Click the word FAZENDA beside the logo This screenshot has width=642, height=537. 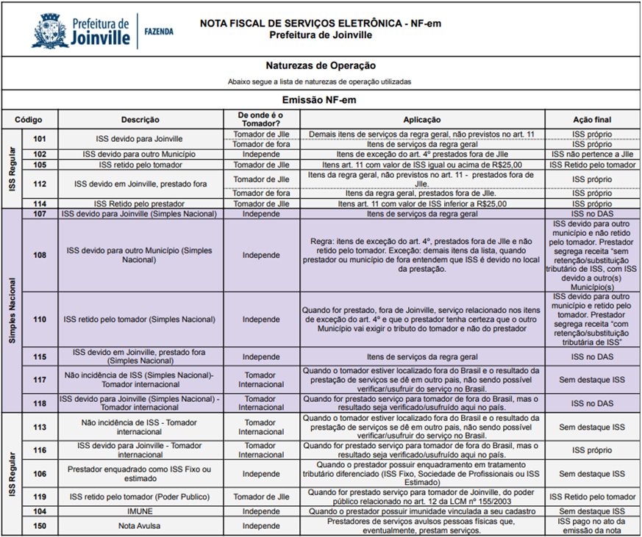[x=159, y=32]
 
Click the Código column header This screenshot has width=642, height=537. [x=29, y=119]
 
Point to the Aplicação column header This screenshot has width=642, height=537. [x=422, y=119]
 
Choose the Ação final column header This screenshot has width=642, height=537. [x=592, y=119]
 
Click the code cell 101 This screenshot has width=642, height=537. [x=40, y=138]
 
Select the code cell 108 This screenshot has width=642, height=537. [x=40, y=255]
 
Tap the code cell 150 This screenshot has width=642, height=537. [x=40, y=526]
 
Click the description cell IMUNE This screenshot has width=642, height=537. [x=139, y=511]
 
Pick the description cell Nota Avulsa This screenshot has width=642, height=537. [x=139, y=526]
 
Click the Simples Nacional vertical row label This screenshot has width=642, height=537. [x=12, y=309]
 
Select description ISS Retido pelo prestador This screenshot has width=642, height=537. [x=139, y=203]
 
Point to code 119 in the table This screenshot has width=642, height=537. [x=40, y=497]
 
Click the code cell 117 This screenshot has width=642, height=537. [x=40, y=379]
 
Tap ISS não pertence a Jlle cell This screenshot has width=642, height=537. [x=592, y=154]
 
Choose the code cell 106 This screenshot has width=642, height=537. [x=40, y=474]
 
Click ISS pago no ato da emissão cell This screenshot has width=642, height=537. [x=592, y=526]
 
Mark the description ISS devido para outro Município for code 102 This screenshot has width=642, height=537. [x=139, y=154]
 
